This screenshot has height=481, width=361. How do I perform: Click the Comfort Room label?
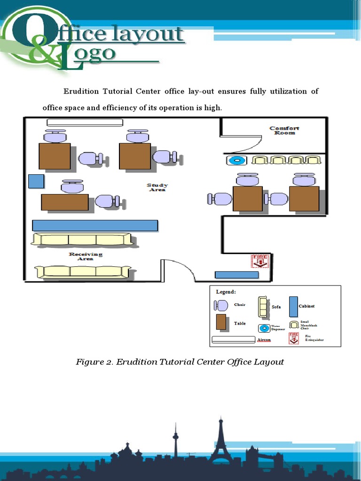284,131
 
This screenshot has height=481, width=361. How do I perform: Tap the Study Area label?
157,187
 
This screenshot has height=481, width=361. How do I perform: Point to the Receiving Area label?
86,256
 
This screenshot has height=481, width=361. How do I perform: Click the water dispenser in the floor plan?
237,161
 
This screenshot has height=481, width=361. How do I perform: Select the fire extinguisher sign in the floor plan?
259,261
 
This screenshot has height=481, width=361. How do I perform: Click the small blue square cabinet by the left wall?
36,181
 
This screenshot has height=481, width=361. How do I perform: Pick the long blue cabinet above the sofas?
95,225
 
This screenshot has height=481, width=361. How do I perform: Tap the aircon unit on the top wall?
85,123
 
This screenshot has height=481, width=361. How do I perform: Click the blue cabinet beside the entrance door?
236,275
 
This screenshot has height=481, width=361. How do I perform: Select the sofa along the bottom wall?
83,272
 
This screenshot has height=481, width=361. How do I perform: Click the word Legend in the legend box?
226,292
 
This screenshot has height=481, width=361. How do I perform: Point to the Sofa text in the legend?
276,307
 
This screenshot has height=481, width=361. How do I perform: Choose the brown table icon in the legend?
221,322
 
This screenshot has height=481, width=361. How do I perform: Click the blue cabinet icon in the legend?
293,306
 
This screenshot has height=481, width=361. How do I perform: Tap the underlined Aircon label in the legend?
264,340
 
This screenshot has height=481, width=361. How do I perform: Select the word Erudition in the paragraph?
82,91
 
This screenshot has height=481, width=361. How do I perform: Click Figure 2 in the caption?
94,362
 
